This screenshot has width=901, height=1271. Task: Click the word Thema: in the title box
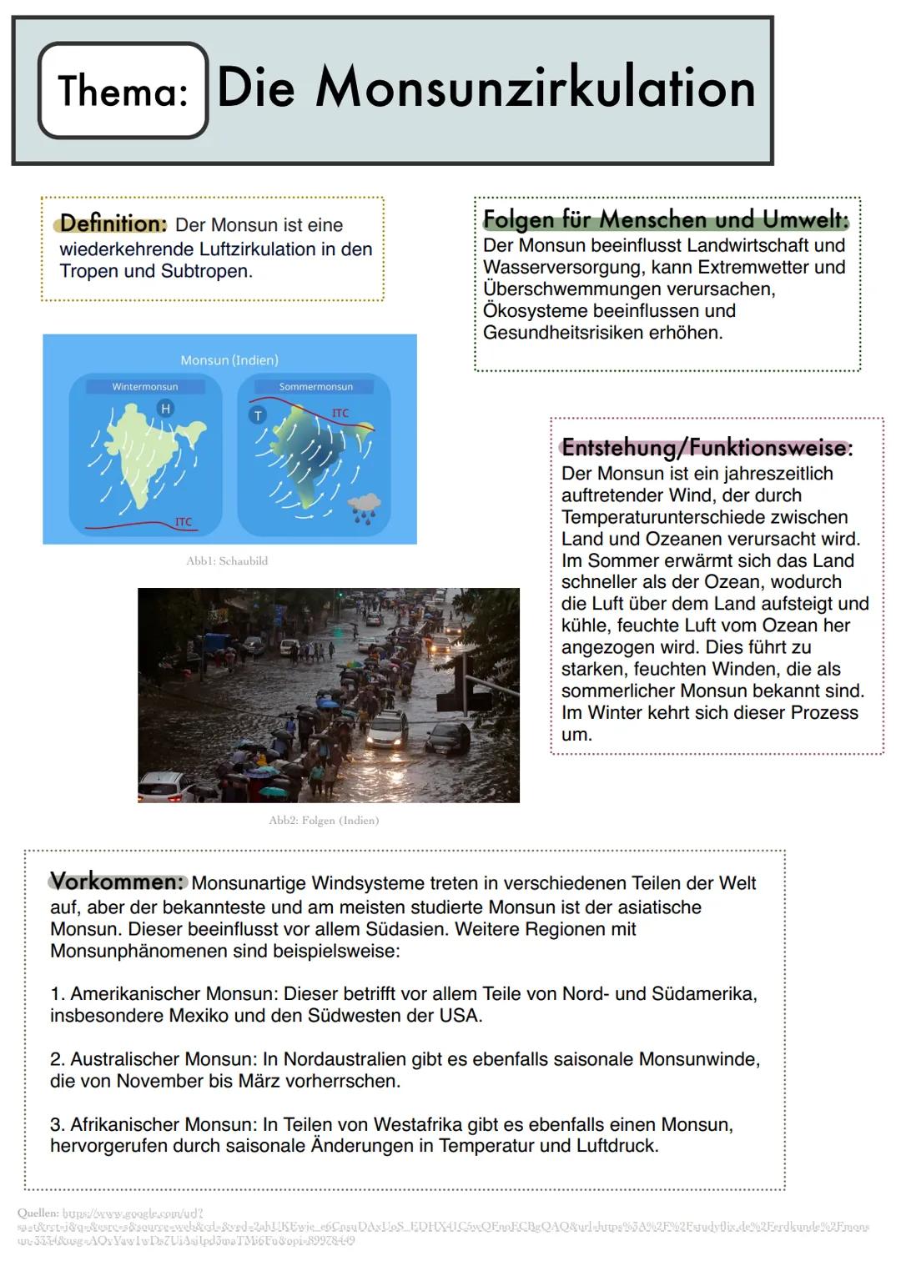[123, 91]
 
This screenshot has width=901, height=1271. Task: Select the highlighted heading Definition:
[113, 224]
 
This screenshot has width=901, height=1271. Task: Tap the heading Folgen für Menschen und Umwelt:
[665, 219]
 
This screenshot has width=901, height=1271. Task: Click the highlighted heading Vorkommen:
[117, 882]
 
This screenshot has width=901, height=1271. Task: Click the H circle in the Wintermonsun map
[165, 408]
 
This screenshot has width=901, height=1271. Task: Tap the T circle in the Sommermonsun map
[258, 415]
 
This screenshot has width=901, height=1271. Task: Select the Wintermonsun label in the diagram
[145, 387]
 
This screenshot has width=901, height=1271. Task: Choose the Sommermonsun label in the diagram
[315, 387]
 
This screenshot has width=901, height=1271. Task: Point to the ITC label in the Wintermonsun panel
[184, 522]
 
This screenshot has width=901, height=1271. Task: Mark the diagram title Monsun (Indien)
[229, 360]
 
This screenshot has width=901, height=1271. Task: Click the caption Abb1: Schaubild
[227, 561]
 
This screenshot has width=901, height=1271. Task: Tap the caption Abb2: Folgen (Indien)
[324, 821]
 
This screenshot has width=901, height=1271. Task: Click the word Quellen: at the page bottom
[38, 1213]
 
